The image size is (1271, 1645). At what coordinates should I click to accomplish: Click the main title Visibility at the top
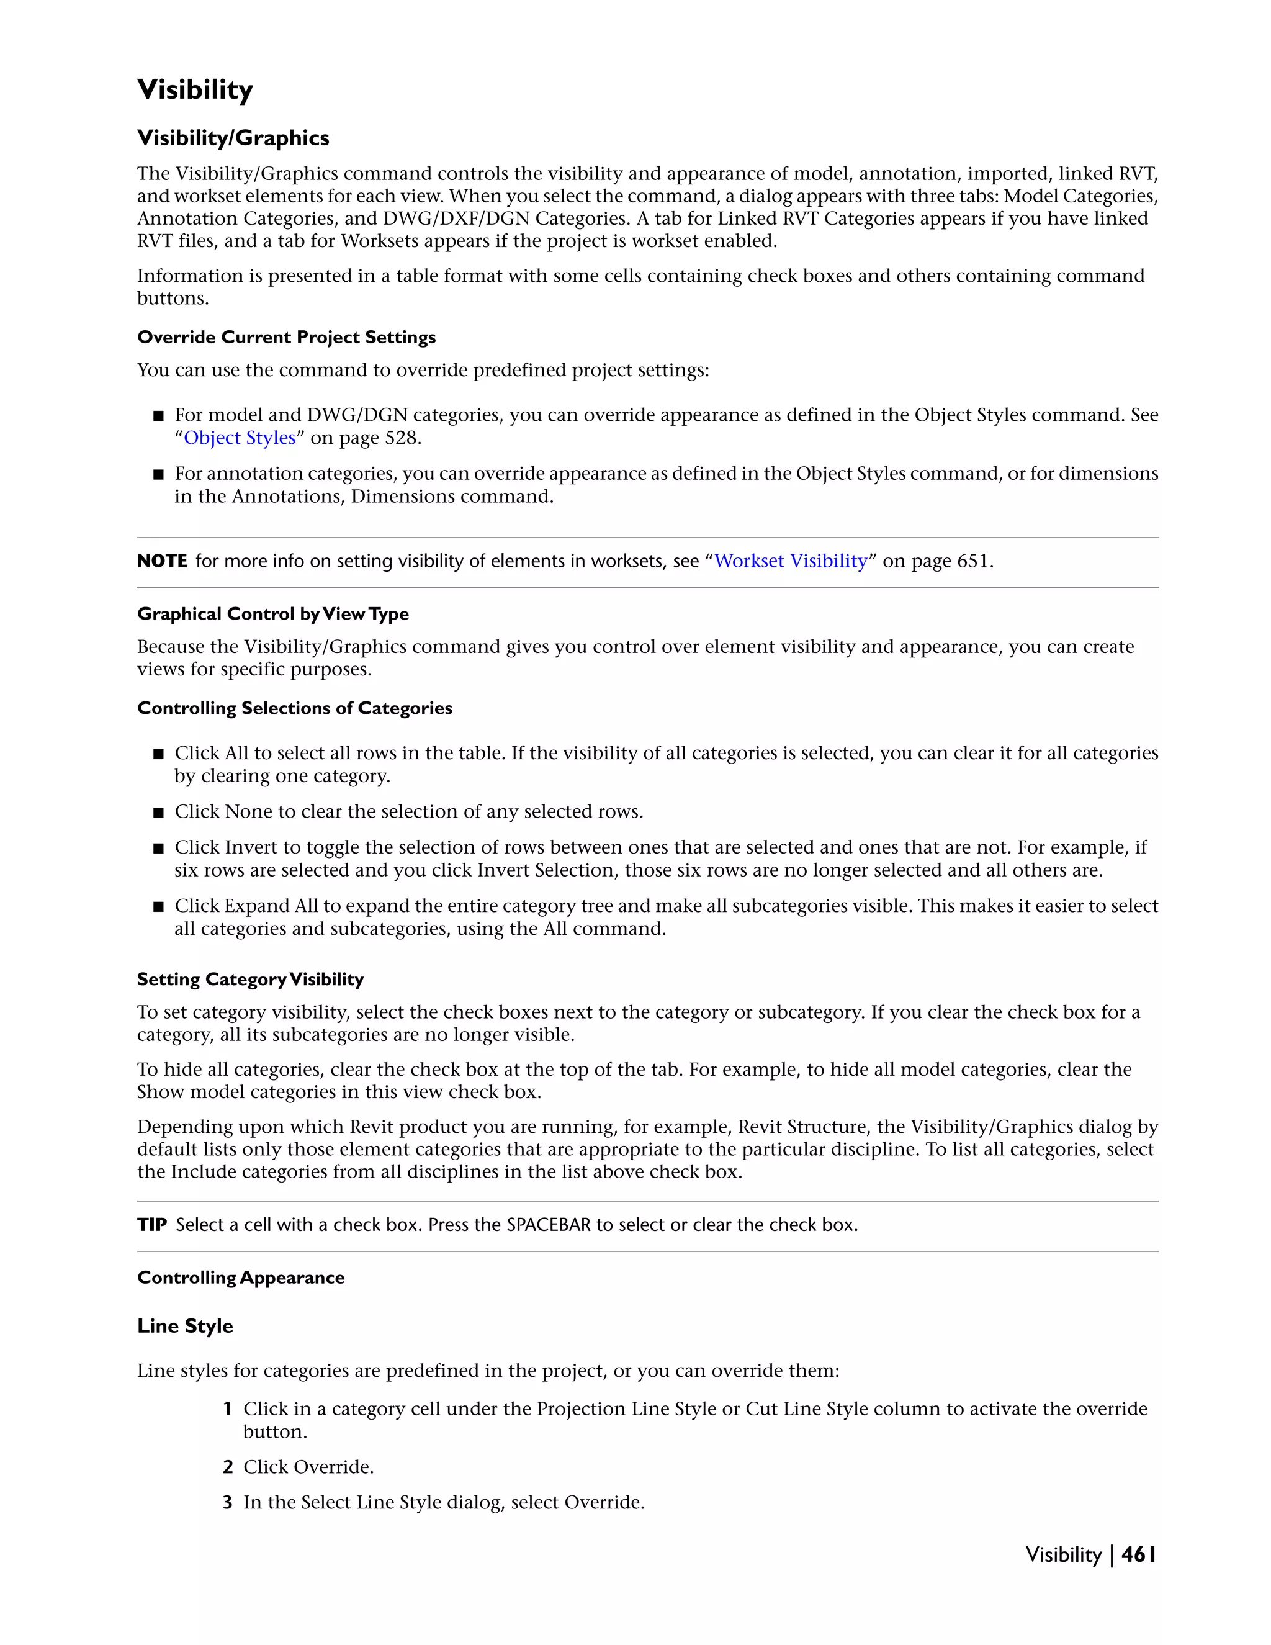pyautogui.click(x=195, y=89)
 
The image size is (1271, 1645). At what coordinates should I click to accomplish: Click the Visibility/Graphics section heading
pyautogui.click(x=233, y=138)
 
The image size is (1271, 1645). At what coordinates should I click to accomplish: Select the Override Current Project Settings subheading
pyautogui.click(x=286, y=338)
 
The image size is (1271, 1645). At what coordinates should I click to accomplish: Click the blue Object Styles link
pyautogui.click(x=240, y=438)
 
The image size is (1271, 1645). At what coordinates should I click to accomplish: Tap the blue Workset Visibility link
pyautogui.click(x=791, y=561)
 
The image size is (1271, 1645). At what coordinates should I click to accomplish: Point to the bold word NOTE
pyautogui.click(x=162, y=561)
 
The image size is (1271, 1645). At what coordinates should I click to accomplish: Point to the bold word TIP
pyautogui.click(x=151, y=1225)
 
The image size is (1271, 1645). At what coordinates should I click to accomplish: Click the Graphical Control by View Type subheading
pyautogui.click(x=272, y=614)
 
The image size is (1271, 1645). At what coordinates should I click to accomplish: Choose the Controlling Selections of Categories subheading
pyautogui.click(x=294, y=708)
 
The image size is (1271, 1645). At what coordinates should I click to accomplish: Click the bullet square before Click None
pyautogui.click(x=158, y=812)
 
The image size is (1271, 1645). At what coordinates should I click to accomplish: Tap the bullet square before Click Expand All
pyautogui.click(x=158, y=906)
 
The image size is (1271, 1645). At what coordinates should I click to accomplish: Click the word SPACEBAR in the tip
pyautogui.click(x=548, y=1225)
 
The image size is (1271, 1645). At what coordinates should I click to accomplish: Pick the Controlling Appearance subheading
pyautogui.click(x=241, y=1278)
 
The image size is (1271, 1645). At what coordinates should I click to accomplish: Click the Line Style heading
pyautogui.click(x=185, y=1326)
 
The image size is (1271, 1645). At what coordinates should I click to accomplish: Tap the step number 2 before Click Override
pyautogui.click(x=227, y=1466)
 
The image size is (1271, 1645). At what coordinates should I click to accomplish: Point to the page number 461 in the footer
pyautogui.click(x=1138, y=1554)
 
